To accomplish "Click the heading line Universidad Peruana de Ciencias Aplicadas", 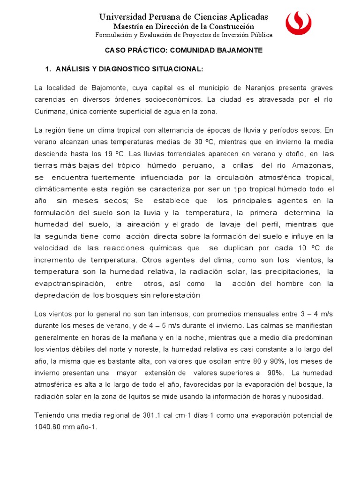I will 184,17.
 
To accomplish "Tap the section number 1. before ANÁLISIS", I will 47,69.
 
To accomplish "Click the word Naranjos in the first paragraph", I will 259,87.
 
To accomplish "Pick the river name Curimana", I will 52,112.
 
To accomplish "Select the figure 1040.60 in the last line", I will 51,427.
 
